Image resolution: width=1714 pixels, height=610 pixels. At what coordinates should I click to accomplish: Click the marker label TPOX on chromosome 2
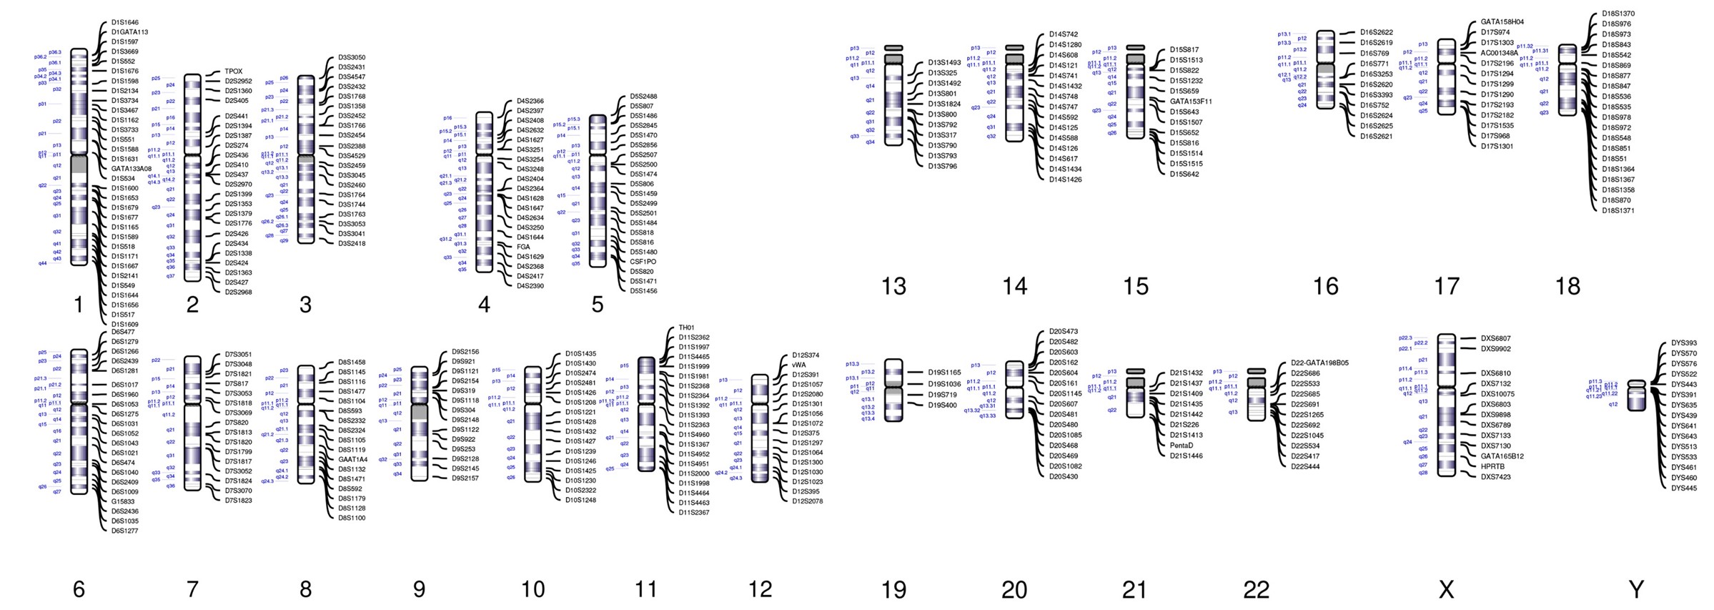pyautogui.click(x=234, y=72)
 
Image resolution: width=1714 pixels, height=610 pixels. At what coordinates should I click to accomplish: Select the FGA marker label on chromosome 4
pyautogui.click(x=523, y=247)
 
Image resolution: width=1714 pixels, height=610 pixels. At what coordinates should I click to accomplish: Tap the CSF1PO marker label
pyautogui.click(x=643, y=262)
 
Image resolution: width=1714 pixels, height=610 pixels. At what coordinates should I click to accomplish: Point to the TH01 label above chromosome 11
pyautogui.click(x=686, y=328)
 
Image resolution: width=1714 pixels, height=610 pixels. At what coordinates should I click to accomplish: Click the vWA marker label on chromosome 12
pyautogui.click(x=798, y=365)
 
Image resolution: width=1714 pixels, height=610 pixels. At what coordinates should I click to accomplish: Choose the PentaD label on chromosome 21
pyautogui.click(x=1182, y=446)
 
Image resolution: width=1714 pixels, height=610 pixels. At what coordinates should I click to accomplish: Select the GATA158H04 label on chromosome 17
pyautogui.click(x=1502, y=22)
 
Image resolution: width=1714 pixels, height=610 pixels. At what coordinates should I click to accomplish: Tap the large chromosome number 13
pyautogui.click(x=893, y=286)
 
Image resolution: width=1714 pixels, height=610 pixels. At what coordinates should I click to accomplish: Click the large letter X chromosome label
pyautogui.click(x=1446, y=589)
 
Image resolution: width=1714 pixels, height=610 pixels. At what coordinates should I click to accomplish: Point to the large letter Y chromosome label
pyautogui.click(x=1636, y=589)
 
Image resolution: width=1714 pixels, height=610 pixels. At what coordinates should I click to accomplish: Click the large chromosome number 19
pyautogui.click(x=893, y=589)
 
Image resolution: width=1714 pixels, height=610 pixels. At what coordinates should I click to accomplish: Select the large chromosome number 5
pyautogui.click(x=598, y=305)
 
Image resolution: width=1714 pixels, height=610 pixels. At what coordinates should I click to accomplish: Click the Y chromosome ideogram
pyautogui.click(x=1636, y=395)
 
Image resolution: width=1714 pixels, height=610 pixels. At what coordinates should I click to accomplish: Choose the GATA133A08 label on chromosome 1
pyautogui.click(x=132, y=169)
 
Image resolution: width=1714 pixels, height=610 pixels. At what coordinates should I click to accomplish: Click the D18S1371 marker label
pyautogui.click(x=1618, y=211)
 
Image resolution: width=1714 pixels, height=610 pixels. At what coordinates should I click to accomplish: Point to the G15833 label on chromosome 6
pyautogui.click(x=123, y=501)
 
